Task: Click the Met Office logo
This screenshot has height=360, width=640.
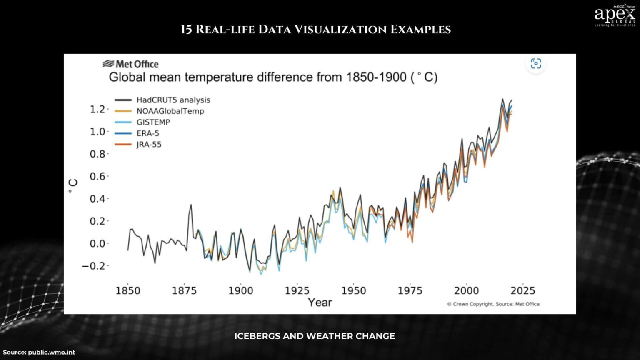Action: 130,64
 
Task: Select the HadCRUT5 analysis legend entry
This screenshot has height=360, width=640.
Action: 162,100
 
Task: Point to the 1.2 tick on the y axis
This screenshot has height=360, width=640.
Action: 97,109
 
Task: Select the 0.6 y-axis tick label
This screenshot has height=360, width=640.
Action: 97,176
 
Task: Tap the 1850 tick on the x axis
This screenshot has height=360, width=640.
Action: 127,290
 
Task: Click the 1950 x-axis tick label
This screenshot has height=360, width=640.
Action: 353,290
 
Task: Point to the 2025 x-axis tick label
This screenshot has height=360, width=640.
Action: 522,290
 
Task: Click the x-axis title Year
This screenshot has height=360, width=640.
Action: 320,302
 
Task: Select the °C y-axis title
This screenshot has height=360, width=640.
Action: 73,186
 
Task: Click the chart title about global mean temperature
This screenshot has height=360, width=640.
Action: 273,77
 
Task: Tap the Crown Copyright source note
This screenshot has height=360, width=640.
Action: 493,304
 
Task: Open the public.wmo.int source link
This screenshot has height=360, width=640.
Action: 51,352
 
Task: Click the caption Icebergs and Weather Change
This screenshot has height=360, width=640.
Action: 315,336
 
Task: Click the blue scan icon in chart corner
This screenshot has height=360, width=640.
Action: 536,64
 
